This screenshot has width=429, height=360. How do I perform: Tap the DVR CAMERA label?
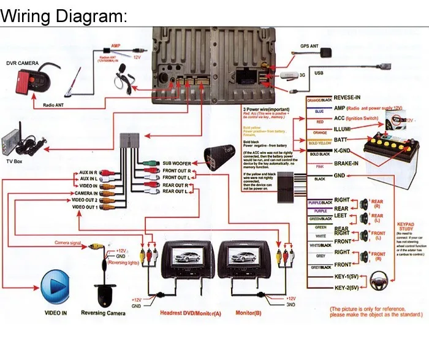(23, 63)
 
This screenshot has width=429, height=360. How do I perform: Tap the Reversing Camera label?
(103, 313)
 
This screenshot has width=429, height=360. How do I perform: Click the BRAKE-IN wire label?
(347, 164)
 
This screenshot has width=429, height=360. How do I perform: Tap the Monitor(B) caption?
(249, 313)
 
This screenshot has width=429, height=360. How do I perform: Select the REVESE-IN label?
(347, 97)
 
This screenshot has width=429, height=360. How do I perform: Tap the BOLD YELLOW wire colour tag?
(319, 144)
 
